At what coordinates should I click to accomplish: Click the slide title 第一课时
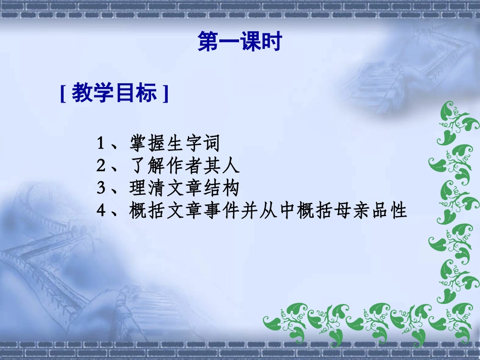[x=239, y=42]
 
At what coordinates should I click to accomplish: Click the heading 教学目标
[x=114, y=93]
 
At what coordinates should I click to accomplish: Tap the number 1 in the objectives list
[x=101, y=144]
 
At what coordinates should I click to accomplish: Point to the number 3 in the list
[x=101, y=188]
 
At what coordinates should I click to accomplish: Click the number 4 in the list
[x=101, y=211]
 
